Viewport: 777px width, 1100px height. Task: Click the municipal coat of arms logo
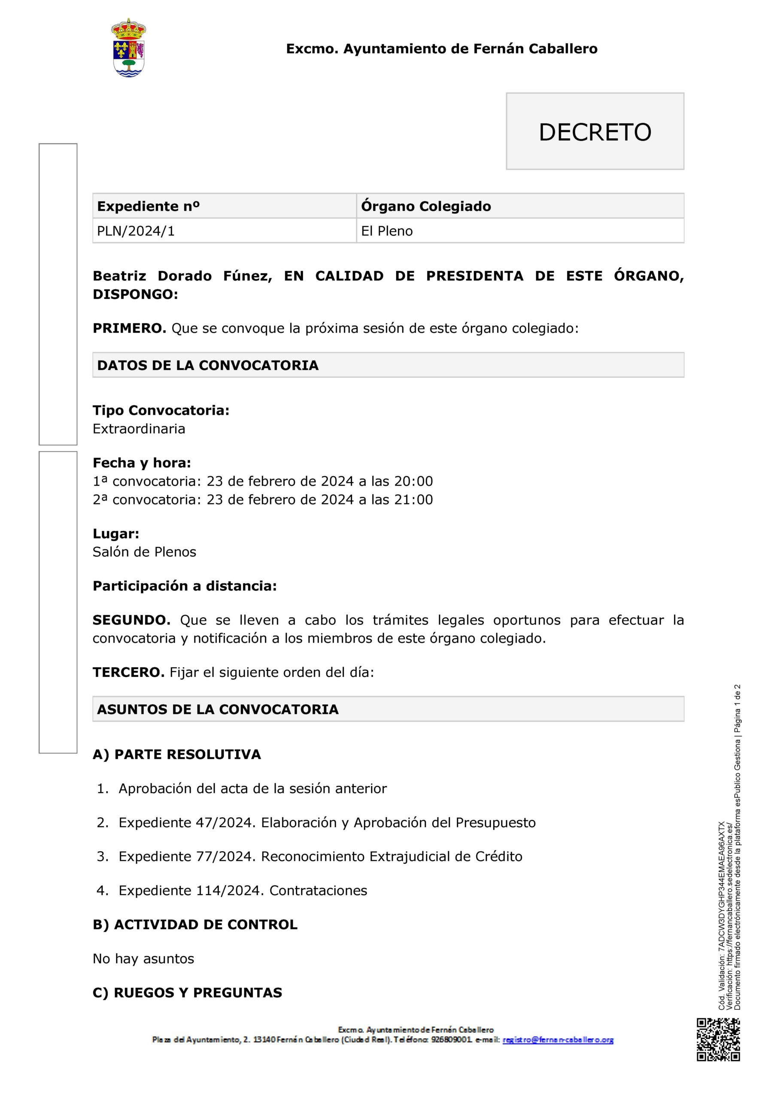click(x=128, y=49)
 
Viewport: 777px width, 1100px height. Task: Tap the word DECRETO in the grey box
click(x=595, y=132)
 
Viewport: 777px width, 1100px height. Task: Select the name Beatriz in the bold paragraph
click(x=119, y=276)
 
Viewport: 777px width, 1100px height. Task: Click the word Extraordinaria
click(x=139, y=428)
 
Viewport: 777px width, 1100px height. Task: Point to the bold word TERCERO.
click(x=128, y=672)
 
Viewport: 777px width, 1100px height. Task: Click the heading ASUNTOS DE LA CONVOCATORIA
click(x=218, y=709)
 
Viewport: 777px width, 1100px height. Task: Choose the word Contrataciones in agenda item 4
click(x=318, y=891)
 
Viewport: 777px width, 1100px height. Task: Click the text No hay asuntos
click(x=143, y=959)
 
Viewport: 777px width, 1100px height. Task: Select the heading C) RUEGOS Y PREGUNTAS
click(x=187, y=993)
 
